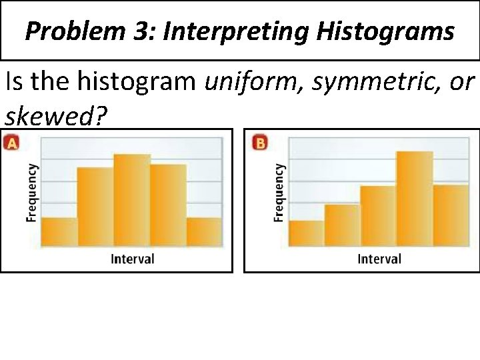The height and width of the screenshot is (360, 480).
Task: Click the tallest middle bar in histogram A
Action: [x=132, y=200]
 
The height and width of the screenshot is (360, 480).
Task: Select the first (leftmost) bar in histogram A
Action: [x=59, y=231]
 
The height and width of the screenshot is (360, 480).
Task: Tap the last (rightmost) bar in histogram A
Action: [x=204, y=231]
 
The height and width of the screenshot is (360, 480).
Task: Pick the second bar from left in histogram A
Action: [x=95, y=207]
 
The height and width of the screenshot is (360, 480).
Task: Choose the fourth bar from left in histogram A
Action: [x=168, y=205]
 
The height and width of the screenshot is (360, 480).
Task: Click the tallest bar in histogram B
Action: [x=414, y=199]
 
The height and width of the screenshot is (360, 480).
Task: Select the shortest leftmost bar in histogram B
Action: [x=306, y=233]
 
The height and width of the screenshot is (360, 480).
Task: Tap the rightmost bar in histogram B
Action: [x=451, y=215]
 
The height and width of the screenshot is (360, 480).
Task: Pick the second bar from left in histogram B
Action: [x=342, y=225]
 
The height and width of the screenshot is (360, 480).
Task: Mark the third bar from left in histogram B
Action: [x=378, y=215]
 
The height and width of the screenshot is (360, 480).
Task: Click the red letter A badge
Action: [x=11, y=142]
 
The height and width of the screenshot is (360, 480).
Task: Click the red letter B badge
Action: [x=260, y=143]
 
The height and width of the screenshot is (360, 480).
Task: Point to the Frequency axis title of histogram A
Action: [x=31, y=193]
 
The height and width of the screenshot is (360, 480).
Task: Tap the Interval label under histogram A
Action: [x=132, y=259]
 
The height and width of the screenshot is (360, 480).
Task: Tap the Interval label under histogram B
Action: [x=379, y=259]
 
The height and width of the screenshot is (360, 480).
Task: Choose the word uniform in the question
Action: [x=245, y=83]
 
